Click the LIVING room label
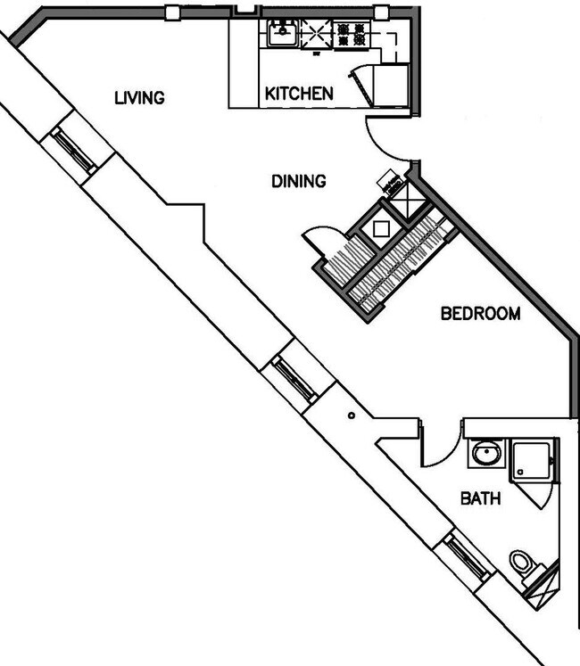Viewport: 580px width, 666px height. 139,97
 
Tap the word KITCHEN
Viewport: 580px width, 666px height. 299,93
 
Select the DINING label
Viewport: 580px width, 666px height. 298,181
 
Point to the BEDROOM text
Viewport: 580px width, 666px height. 480,314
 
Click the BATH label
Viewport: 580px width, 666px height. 480,498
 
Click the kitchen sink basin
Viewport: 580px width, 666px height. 282,35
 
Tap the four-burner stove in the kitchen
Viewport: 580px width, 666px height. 351,35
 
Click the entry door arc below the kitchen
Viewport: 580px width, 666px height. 385,144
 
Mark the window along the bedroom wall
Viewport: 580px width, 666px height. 293,375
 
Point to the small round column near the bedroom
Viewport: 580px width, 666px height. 352,415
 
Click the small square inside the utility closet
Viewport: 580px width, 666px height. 381,228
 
